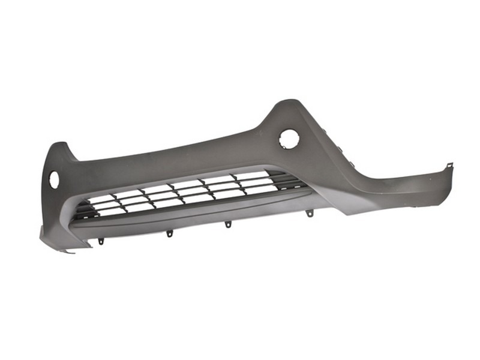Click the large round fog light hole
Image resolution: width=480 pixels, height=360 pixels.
tap(289, 139)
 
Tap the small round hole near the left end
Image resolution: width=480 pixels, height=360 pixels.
tap(54, 178)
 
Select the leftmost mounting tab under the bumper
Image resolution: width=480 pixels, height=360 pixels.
tap(101, 241)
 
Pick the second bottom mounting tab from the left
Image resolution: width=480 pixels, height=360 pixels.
tap(169, 233)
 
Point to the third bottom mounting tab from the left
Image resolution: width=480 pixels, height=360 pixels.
tap(228, 224)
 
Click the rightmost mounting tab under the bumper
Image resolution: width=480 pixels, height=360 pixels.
tap(309, 213)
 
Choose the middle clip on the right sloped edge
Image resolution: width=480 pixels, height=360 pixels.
tap(339, 148)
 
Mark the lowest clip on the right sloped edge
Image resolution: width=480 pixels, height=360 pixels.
tap(349, 161)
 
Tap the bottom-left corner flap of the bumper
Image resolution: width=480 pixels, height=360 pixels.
tap(54, 240)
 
